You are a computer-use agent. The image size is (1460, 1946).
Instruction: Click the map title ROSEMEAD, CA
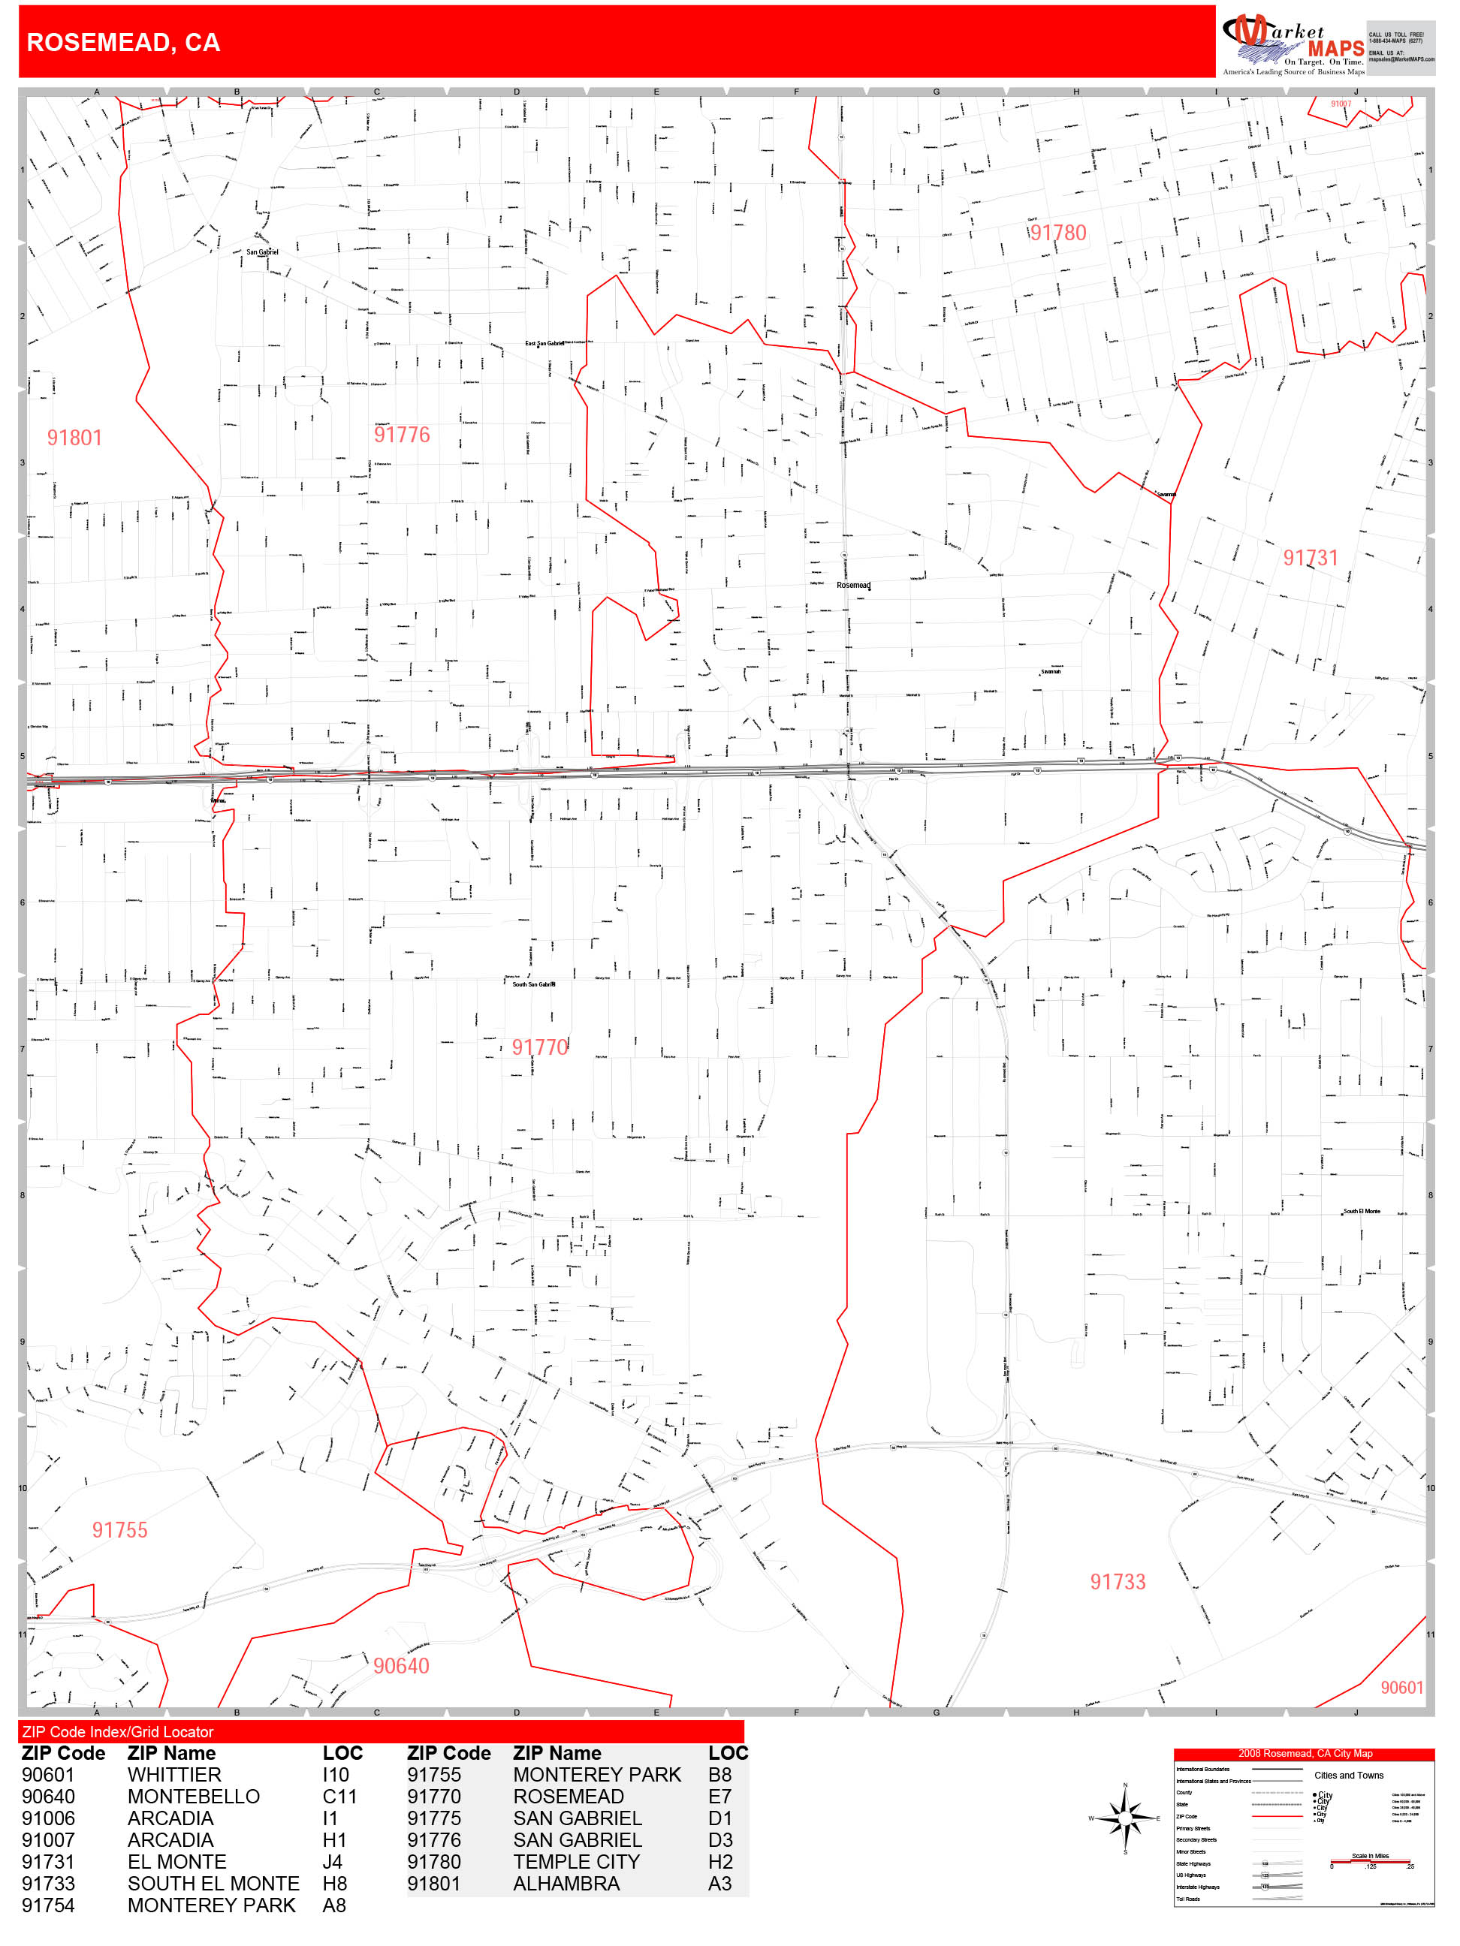pyautogui.click(x=123, y=42)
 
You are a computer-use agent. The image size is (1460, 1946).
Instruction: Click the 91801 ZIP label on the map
pyautogui.click(x=75, y=438)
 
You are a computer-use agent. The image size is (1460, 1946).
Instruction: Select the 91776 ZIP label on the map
pyautogui.click(x=403, y=435)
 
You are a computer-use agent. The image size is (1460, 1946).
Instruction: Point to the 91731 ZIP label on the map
pyautogui.click(x=1310, y=558)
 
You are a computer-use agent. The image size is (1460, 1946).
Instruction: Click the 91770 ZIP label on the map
pyautogui.click(x=539, y=1047)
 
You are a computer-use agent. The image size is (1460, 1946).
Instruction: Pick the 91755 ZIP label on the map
pyautogui.click(x=119, y=1530)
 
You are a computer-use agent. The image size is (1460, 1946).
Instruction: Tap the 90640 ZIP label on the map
pyautogui.click(x=401, y=1665)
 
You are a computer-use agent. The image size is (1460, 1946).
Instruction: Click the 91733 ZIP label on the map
pyautogui.click(x=1118, y=1582)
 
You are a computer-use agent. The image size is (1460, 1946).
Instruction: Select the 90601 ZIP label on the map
pyautogui.click(x=1401, y=1686)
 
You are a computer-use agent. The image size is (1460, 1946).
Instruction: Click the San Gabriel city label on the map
pyautogui.click(x=262, y=252)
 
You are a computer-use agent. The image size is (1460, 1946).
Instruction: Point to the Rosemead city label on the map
pyautogui.click(x=852, y=585)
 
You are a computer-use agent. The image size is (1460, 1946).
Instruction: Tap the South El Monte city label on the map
pyautogui.click(x=1361, y=1212)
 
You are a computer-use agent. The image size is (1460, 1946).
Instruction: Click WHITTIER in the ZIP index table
pyautogui.click(x=174, y=1776)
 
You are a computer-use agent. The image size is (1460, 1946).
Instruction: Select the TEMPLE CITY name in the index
pyautogui.click(x=577, y=1862)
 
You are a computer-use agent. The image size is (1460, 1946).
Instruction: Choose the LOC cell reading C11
pyautogui.click(x=339, y=1797)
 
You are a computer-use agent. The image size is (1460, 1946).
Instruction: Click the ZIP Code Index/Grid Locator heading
pyautogui.click(x=118, y=1731)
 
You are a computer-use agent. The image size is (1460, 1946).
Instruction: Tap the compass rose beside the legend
pyautogui.click(x=1125, y=1818)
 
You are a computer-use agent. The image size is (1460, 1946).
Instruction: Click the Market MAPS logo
pyautogui.click(x=1292, y=42)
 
